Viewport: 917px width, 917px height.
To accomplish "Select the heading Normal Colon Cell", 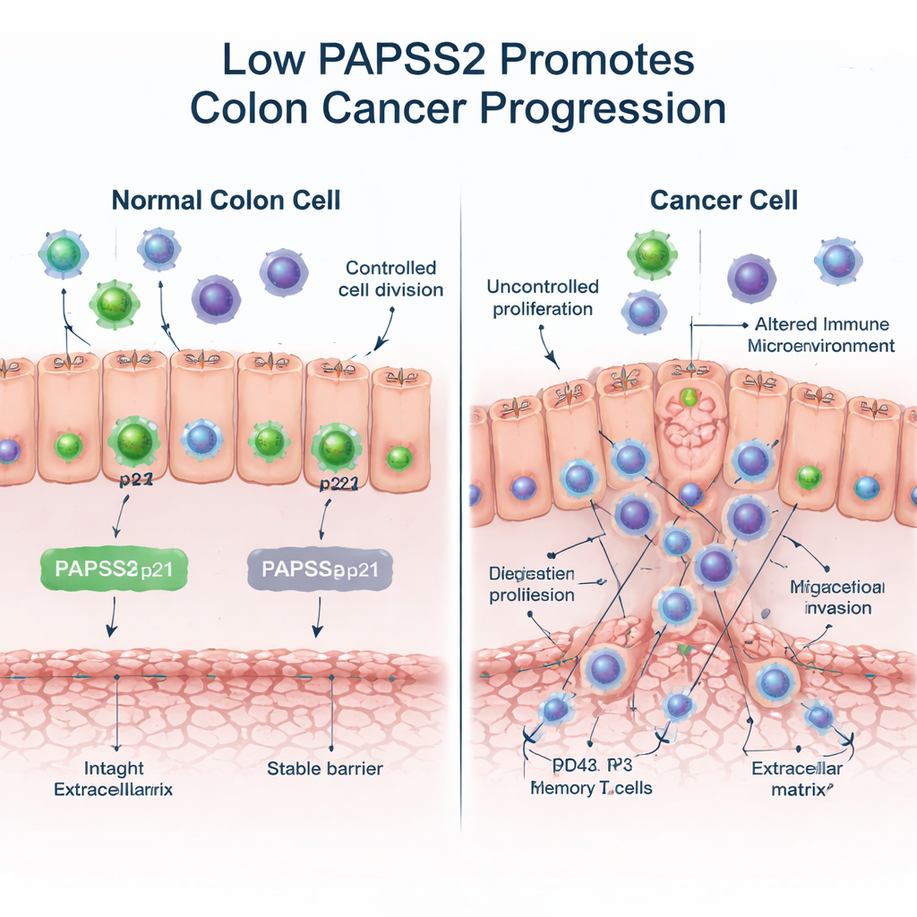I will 226,199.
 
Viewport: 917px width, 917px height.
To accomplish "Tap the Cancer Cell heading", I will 724,199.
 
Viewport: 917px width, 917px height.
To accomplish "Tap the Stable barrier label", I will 325,768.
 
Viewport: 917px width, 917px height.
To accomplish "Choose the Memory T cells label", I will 591,788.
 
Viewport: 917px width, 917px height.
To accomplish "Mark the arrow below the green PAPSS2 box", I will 112,617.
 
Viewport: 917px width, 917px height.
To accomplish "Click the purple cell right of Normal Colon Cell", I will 284,272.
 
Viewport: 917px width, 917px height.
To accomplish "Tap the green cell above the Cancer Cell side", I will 652,253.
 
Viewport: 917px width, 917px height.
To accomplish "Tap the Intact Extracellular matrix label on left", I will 113,779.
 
